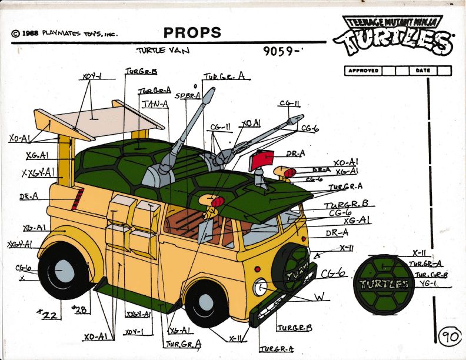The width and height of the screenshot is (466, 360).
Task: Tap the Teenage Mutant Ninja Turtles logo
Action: [x=393, y=34]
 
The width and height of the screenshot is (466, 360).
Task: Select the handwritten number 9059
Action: [x=284, y=51]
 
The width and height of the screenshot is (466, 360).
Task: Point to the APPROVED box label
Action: [x=363, y=71]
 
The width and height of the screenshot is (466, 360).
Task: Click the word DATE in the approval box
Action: [x=422, y=71]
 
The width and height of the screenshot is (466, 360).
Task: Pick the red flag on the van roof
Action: [x=262, y=159]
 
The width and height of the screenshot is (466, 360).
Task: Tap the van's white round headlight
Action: [x=259, y=288]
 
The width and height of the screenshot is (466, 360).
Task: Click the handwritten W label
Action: [x=318, y=298]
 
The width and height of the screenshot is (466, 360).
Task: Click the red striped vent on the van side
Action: [x=74, y=201]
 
